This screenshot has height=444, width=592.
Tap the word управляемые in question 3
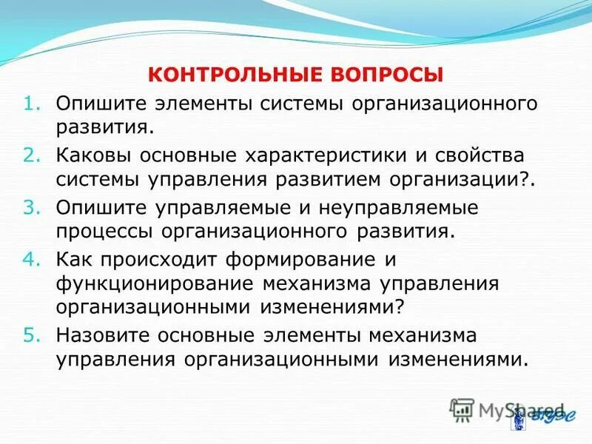click(x=229, y=207)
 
